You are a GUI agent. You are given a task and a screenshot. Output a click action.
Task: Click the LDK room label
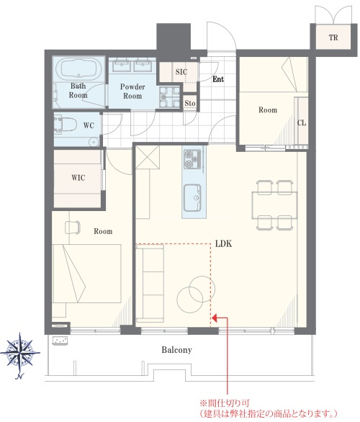(223, 243)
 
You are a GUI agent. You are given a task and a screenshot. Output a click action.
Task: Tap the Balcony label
(177, 350)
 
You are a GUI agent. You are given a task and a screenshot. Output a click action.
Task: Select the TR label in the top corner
(333, 37)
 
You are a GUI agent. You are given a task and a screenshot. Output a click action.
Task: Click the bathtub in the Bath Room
(78, 68)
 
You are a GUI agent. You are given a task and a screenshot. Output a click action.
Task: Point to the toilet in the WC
(65, 125)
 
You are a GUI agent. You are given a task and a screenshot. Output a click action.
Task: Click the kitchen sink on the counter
(192, 198)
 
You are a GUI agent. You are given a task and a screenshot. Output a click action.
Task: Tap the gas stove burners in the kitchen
(192, 159)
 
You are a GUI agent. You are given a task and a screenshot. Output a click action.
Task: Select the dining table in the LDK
(274, 205)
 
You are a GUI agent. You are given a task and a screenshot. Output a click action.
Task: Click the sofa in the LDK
(150, 284)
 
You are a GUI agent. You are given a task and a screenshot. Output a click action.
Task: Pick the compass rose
(20, 353)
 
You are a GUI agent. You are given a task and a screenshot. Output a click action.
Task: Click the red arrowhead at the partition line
(215, 318)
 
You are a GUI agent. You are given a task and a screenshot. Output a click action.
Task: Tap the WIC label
(78, 178)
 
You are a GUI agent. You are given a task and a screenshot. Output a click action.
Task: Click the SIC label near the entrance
(181, 72)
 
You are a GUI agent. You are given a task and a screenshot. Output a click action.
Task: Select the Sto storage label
(189, 103)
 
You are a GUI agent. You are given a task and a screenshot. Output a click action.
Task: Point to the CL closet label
(302, 123)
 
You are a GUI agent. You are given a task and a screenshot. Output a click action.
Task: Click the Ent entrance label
(218, 79)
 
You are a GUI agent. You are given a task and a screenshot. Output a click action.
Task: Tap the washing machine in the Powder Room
(169, 97)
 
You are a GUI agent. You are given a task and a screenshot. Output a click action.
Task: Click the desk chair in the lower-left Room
(73, 228)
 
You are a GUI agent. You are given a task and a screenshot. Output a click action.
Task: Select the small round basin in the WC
(94, 141)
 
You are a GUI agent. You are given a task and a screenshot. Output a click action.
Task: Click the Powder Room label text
(132, 91)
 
